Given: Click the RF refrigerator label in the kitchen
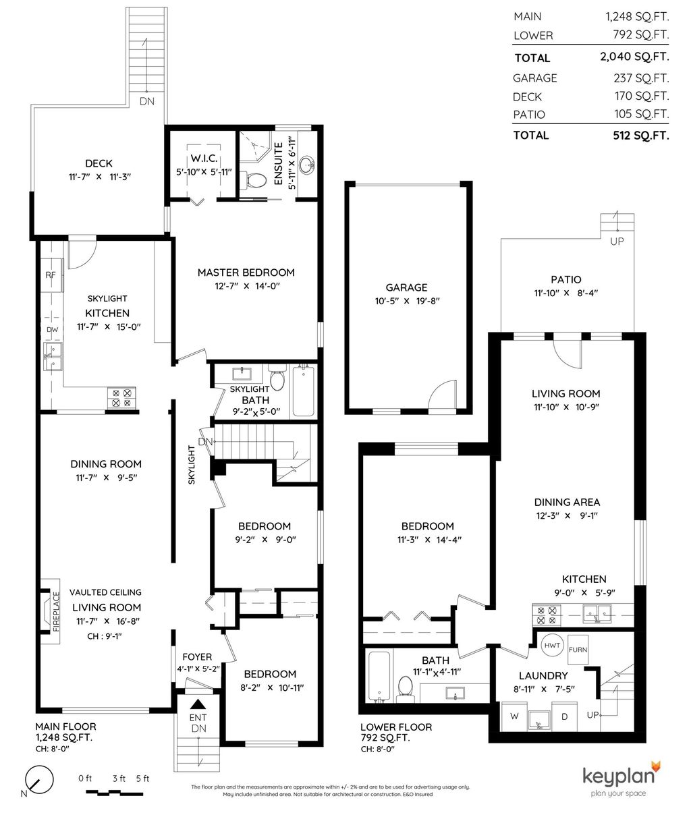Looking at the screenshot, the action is pos(51,275).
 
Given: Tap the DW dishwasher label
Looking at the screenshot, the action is pos(53,329).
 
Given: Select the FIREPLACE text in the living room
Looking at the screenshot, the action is pos(56,611).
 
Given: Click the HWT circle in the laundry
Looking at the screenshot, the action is pos(553,645).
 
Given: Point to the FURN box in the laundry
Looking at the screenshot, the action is pos(578,650).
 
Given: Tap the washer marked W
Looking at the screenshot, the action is pos(514,716).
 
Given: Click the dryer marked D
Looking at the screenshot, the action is pos(564,716).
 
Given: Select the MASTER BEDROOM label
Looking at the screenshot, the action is pos(246,273).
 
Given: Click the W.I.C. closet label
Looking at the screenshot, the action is pos(204,159).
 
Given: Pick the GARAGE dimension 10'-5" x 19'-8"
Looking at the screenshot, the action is pos(407,301).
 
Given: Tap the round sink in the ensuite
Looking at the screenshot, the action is pos(308,164).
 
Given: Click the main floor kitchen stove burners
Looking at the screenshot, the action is pos(121,397).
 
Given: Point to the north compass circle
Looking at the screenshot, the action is pos(39,779).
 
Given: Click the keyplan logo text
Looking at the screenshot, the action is pos(618,776).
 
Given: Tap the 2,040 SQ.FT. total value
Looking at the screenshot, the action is pos(634,57).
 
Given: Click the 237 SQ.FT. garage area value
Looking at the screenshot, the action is pos(642,78).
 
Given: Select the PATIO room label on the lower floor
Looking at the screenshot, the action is pos(566,279).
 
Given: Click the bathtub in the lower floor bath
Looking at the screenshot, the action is pos(379,677).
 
